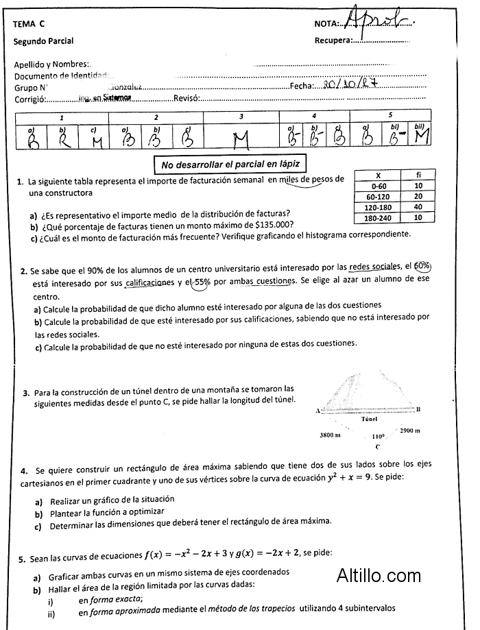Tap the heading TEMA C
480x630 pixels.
click(x=28, y=24)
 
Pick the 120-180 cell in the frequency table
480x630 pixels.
click(x=377, y=206)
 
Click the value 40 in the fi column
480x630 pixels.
click(x=419, y=206)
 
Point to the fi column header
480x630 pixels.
click(x=419, y=175)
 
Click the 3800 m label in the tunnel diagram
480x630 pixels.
click(x=331, y=435)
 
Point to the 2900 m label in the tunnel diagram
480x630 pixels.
click(x=409, y=431)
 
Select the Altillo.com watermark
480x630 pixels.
click(x=379, y=576)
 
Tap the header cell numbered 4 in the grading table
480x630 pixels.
click(x=313, y=116)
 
